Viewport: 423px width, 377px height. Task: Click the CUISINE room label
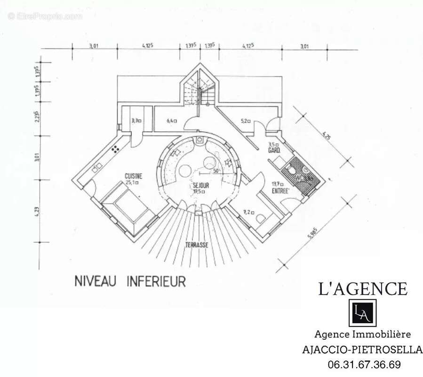click(133, 176)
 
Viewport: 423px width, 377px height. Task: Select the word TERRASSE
click(196, 245)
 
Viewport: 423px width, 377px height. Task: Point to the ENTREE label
click(280, 191)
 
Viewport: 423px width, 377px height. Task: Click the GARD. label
click(274, 150)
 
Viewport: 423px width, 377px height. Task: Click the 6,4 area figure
click(171, 121)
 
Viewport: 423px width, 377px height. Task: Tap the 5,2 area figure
click(246, 121)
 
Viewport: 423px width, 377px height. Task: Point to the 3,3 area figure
click(137, 121)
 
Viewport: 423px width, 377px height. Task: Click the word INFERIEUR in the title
click(156, 281)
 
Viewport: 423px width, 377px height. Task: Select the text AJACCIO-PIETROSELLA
click(362, 350)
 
